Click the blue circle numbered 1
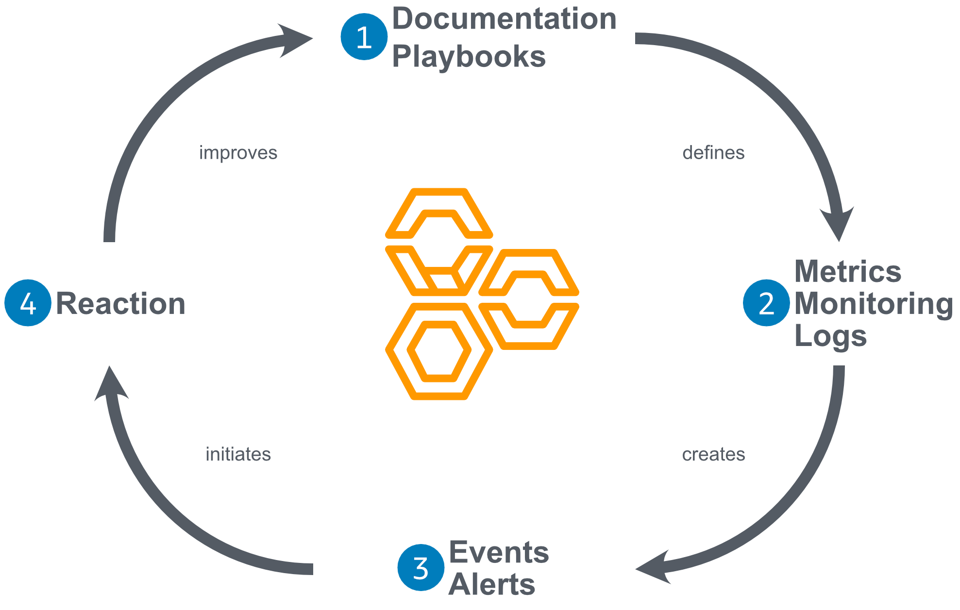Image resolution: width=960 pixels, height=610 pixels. point(364,37)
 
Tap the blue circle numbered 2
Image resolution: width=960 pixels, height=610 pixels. point(766,303)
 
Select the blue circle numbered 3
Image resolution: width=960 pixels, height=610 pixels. point(421,567)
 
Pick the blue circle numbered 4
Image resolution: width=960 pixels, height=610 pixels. point(28,303)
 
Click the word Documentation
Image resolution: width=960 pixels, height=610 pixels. point(504,19)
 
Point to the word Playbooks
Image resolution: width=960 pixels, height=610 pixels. point(469,57)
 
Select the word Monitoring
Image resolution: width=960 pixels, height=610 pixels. point(874,304)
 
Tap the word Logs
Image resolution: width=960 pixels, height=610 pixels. point(830,336)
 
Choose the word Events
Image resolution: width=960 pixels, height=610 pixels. point(499,552)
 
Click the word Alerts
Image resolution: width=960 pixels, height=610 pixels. point(491,584)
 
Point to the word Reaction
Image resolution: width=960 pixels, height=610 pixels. point(120,304)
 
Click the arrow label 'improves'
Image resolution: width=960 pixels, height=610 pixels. point(238,153)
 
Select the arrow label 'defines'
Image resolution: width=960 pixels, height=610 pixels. point(713,153)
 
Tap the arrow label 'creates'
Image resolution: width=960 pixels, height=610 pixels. point(713,455)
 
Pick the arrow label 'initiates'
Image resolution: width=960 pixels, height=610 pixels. point(238,455)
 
